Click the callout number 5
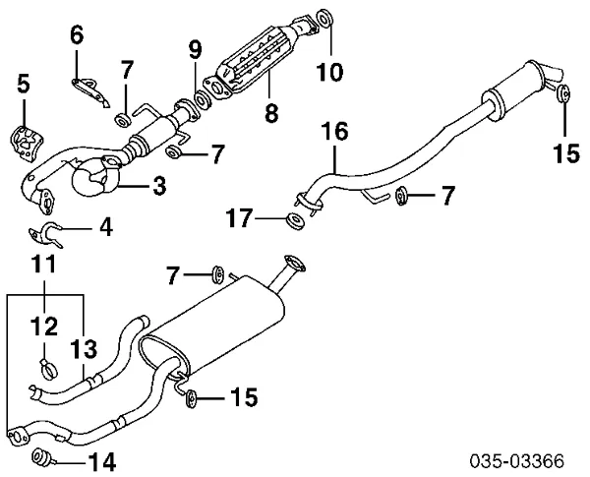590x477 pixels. coord(23,87)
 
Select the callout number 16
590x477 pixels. coord(334,130)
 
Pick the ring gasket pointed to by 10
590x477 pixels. coord(326,21)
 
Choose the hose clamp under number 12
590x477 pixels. coord(47,371)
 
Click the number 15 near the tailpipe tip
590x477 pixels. coord(566,154)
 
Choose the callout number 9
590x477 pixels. coord(195,48)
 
